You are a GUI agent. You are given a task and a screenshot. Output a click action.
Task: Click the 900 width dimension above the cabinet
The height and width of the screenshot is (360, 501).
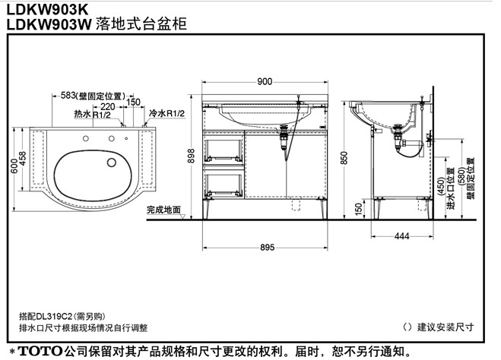pyautogui.click(x=264, y=81)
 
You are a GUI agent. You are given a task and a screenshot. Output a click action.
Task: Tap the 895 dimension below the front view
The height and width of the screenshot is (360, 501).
pyautogui.click(x=265, y=248)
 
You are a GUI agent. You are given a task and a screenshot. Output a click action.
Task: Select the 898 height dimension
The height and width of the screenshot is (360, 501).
pyautogui.click(x=192, y=155)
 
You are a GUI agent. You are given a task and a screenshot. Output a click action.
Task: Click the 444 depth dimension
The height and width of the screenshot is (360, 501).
pyautogui.click(x=402, y=237)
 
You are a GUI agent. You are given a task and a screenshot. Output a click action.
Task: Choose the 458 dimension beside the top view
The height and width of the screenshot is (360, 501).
pyautogui.click(x=24, y=158)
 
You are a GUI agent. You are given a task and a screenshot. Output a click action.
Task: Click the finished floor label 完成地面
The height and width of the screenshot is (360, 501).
pyautogui.click(x=165, y=210)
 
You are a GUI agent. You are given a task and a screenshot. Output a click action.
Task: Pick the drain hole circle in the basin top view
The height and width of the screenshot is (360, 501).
pyautogui.click(x=113, y=162)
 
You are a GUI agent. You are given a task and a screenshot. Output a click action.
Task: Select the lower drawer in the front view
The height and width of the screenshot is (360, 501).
pyautogui.click(x=224, y=181)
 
